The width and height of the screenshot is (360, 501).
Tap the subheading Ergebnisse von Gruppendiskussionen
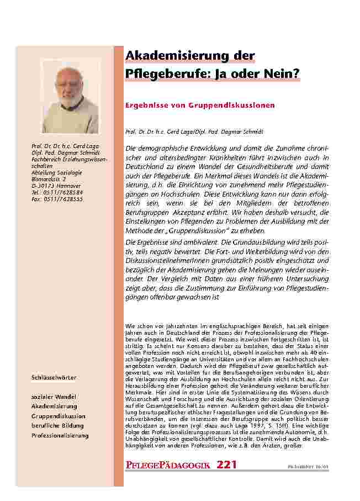pos(200,105)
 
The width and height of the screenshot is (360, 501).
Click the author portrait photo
pos(70,96)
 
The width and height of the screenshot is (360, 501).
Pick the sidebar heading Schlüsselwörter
pos(54,378)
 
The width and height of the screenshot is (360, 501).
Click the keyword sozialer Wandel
pos(54,397)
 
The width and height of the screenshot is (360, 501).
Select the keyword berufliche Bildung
pos(58,426)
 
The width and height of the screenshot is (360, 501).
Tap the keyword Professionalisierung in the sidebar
pos(60,436)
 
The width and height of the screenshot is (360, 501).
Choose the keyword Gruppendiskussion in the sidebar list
pos(58,416)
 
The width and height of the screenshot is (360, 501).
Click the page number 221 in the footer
pos(227,465)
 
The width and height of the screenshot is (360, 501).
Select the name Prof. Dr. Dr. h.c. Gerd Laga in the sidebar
pos(63,146)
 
